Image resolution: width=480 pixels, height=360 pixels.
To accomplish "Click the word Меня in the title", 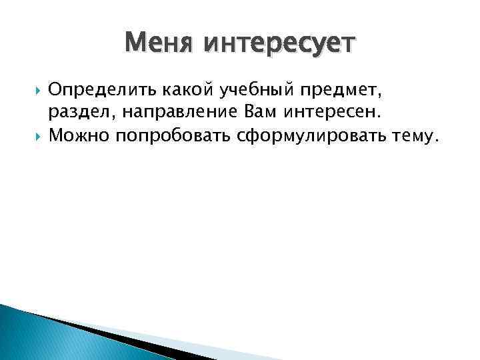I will (159, 45).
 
